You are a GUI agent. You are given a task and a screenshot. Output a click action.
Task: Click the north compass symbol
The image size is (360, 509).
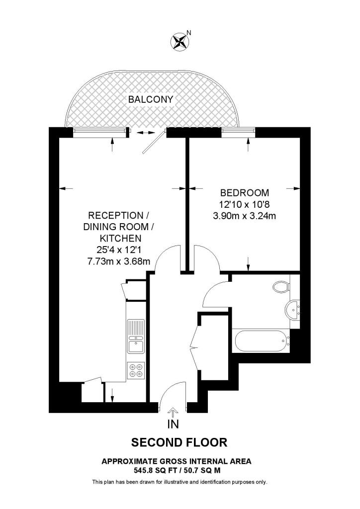[x=180, y=41]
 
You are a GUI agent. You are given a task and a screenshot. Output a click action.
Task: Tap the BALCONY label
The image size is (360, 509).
[x=151, y=99]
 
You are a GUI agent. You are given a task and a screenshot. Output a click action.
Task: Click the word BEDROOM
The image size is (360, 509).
[x=244, y=193]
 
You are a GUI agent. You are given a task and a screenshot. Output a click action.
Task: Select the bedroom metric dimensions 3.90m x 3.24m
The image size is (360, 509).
[x=244, y=216]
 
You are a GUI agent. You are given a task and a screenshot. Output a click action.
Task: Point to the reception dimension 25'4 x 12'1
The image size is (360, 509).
[x=118, y=250]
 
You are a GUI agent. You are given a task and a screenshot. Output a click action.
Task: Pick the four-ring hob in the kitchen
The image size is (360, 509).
[x=135, y=370]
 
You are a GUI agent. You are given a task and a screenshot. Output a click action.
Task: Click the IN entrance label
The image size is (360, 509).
[x=173, y=424]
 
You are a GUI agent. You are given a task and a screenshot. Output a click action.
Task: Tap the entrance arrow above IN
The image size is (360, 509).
[x=173, y=412]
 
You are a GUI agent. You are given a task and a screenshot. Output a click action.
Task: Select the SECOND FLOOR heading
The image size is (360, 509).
[x=179, y=442]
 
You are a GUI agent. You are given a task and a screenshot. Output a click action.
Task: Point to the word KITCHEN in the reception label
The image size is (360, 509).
[x=118, y=238]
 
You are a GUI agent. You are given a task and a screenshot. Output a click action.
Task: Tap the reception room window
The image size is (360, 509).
[x=98, y=131]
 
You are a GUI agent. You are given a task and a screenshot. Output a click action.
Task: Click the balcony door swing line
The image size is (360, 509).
[x=152, y=143]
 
